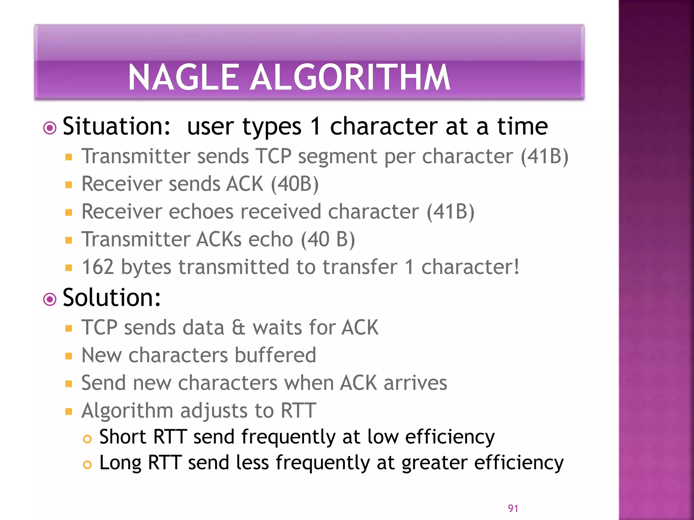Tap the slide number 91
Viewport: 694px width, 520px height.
pos(513,508)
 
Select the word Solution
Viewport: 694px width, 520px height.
pos(111,298)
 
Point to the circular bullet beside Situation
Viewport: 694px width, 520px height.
pos(50,128)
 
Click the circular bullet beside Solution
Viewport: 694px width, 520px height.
pos(50,300)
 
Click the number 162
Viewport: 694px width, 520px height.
pos(98,267)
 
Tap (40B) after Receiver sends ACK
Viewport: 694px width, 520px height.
pos(294,184)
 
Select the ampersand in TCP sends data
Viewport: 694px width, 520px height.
pos(238,328)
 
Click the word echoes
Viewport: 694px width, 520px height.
pos(201,212)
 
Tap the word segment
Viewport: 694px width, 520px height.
pos(337,157)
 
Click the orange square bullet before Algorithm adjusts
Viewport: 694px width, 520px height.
pos(69,412)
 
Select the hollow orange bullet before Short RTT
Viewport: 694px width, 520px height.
pos(87,439)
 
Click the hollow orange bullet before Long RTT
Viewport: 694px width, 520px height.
pos(87,465)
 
